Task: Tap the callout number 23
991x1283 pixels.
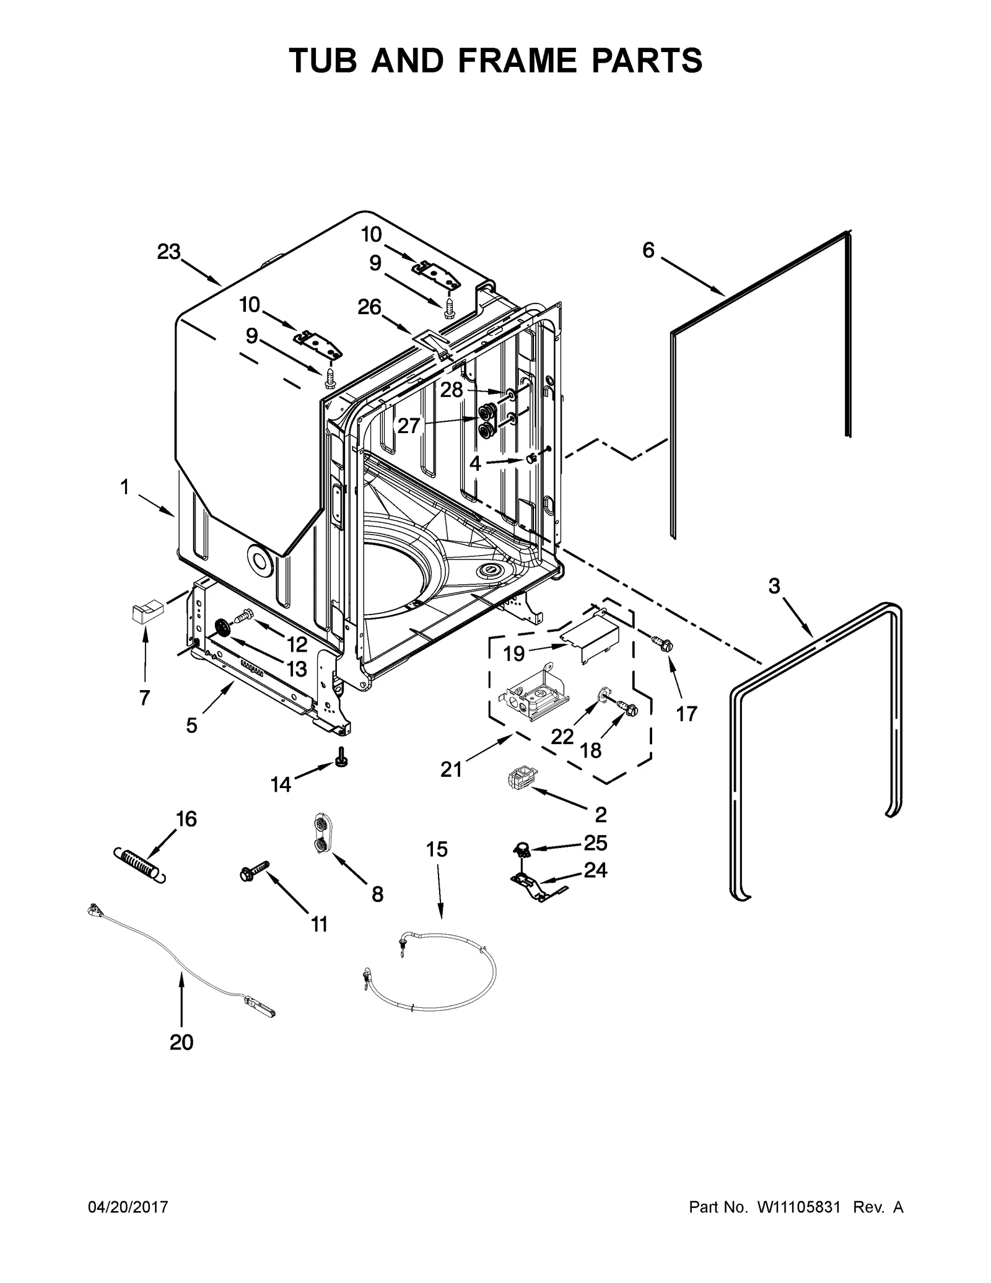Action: (168, 252)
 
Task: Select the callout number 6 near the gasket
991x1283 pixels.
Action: (648, 250)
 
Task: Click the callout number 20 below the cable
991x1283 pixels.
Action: (181, 1043)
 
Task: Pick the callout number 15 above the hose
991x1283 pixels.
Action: (437, 849)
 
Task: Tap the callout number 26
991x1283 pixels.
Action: (370, 307)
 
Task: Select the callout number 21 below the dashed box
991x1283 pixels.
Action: (451, 769)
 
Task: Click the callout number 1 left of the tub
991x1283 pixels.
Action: (124, 488)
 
